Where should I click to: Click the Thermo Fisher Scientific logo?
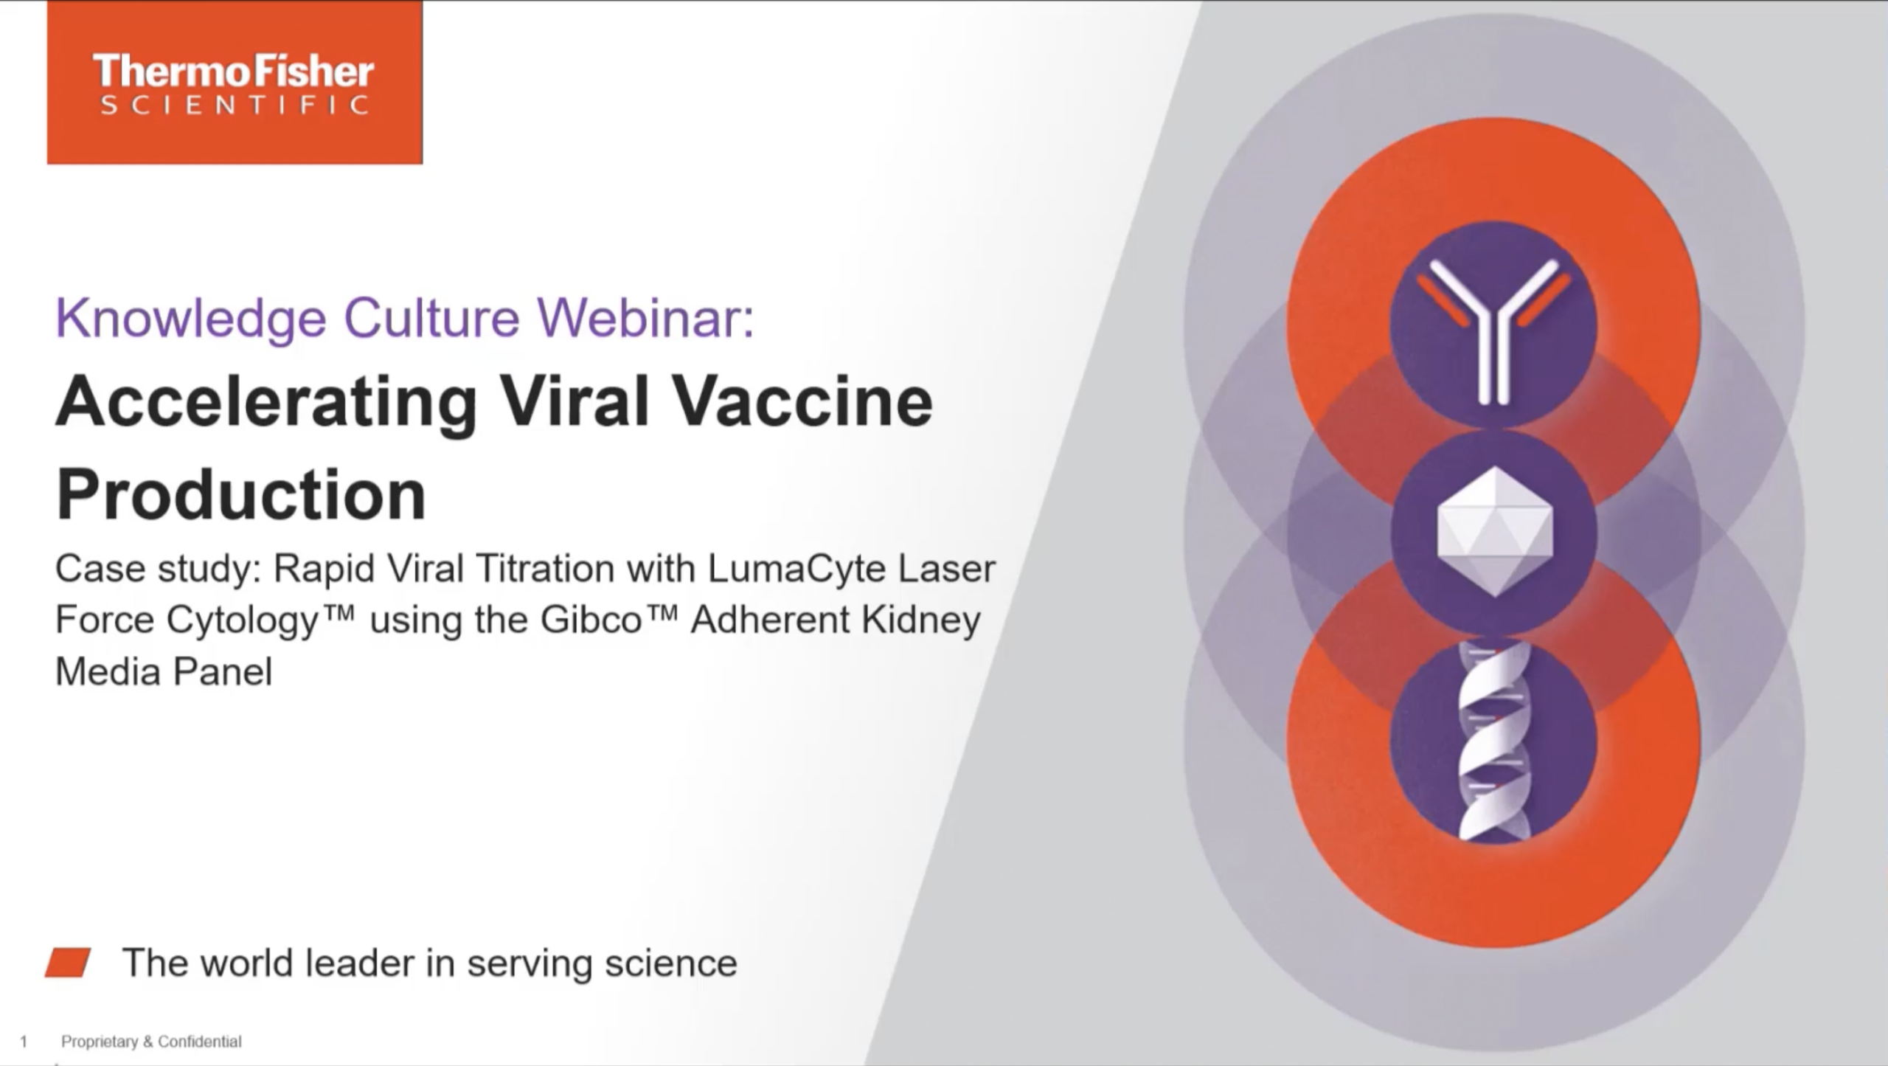click(235, 83)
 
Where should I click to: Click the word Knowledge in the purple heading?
click(191, 319)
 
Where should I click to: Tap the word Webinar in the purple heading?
click(646, 318)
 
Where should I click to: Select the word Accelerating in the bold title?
click(266, 403)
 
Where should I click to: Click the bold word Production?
click(241, 494)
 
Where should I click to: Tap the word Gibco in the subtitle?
click(591, 620)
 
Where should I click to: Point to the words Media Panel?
click(164, 671)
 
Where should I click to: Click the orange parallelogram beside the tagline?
click(68, 963)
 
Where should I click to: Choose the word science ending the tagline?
click(670, 963)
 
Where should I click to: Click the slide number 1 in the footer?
click(24, 1042)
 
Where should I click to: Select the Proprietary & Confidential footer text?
click(151, 1042)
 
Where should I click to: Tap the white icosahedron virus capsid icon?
click(1495, 531)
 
